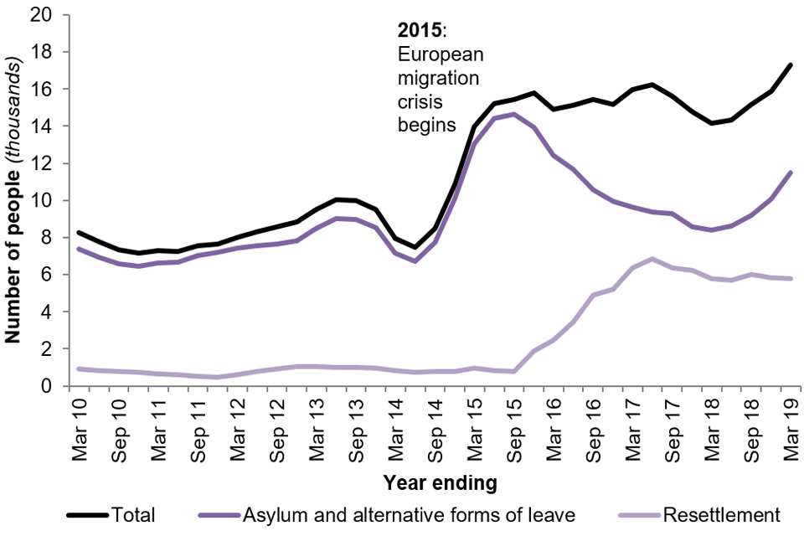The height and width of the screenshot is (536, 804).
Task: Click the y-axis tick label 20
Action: [x=40, y=15]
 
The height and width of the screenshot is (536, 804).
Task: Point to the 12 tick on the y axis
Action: [x=40, y=163]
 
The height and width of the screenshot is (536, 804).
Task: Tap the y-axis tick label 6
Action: [x=45, y=275]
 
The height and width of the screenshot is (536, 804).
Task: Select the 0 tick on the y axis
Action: [x=45, y=386]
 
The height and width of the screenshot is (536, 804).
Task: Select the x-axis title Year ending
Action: [x=440, y=483]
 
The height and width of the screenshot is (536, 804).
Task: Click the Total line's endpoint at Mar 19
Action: [x=790, y=64]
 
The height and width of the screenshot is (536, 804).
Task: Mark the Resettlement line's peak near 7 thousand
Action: [x=652, y=259]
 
